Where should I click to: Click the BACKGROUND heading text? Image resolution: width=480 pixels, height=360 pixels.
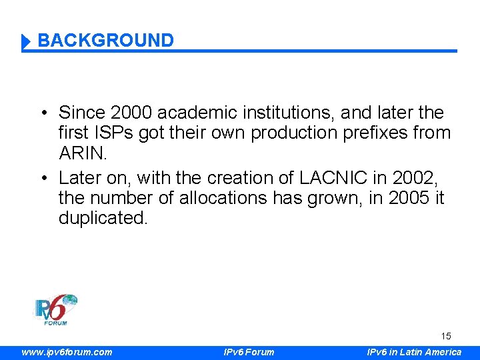(105, 41)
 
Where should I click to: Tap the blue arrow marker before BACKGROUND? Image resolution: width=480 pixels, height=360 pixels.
(26, 42)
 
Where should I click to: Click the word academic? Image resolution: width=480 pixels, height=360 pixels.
(193, 113)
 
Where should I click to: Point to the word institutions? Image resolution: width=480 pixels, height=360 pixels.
(285, 113)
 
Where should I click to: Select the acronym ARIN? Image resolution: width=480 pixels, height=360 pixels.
(82, 153)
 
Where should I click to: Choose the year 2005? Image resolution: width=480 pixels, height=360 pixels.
(407, 198)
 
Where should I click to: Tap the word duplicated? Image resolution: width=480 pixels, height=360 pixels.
(103, 218)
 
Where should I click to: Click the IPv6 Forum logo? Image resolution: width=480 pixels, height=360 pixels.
(56, 309)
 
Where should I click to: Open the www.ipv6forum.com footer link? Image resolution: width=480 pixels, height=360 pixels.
(67, 352)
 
